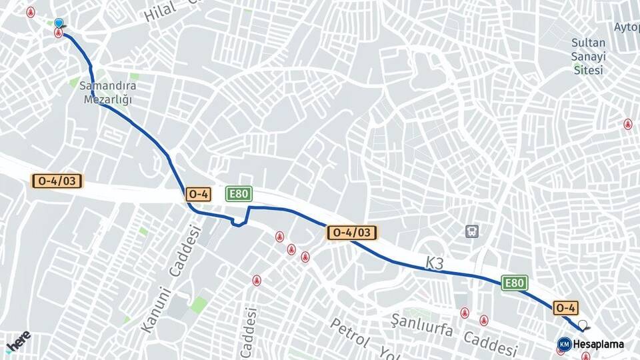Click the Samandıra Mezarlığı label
pos(108,93)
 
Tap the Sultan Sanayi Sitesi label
pos(588,57)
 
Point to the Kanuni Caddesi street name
pos(171,280)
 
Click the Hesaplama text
pos(598,345)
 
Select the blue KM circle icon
pos(564,344)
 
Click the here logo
pos(18,341)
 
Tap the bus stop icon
pos(472,231)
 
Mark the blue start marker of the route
pos(59,23)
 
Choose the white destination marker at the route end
pos(583,325)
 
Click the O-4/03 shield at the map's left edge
pos(57,181)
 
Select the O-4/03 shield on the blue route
pos(351,232)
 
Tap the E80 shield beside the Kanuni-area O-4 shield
pos(238,194)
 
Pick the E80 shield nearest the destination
pos(514,283)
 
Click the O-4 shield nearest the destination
pos(565,307)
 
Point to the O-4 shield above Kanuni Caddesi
pos(199,194)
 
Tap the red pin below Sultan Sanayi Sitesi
pos(627,124)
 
